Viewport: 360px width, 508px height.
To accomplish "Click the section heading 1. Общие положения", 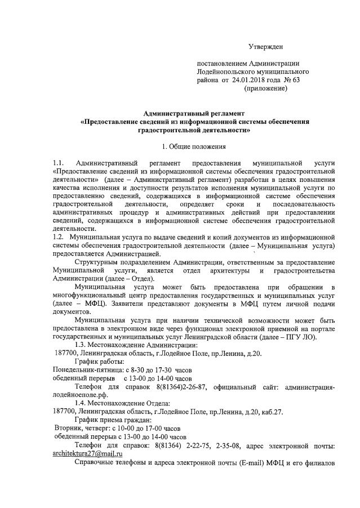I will (x=194, y=147).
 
